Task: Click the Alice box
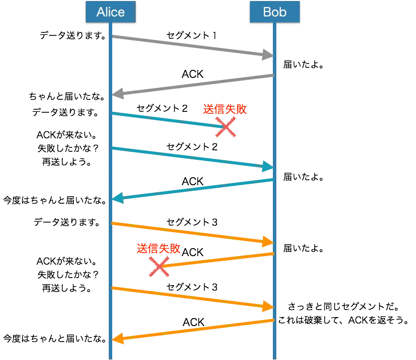[x=110, y=12]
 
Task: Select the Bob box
[x=275, y=12]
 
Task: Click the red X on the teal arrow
[x=225, y=128]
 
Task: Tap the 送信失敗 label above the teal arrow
[x=225, y=110]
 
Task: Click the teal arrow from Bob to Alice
[x=195, y=189]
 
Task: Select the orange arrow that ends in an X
[x=219, y=260]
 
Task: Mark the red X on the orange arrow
[x=159, y=268]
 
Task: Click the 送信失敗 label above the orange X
[x=158, y=249]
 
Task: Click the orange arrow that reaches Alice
[x=195, y=330]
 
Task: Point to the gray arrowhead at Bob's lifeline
[x=267, y=55]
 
